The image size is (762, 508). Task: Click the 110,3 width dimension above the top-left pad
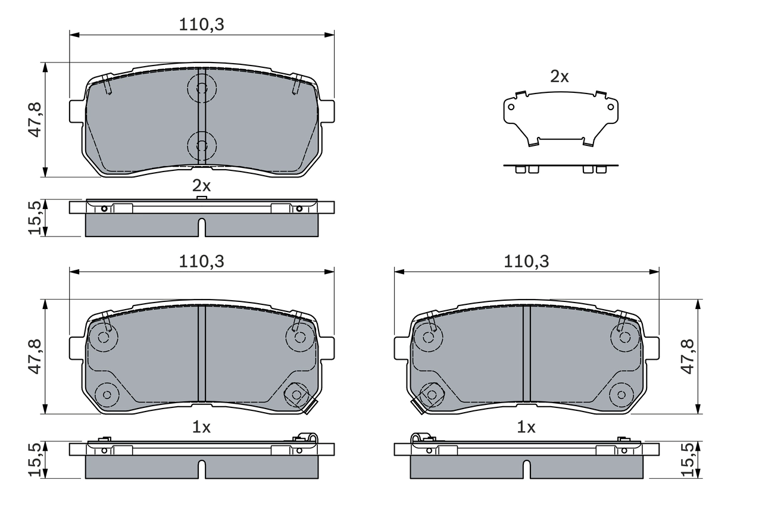click(x=201, y=25)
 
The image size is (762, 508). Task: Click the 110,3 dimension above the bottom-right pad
click(x=526, y=261)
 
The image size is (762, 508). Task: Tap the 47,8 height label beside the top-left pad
click(x=35, y=120)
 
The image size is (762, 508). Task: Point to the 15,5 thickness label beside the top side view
click(x=35, y=217)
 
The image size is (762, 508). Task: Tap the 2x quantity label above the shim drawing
click(x=559, y=76)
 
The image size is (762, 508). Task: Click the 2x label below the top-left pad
click(x=201, y=185)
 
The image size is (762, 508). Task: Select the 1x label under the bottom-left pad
click(x=201, y=427)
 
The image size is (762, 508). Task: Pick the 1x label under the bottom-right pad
click(x=526, y=427)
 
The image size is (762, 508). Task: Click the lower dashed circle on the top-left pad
click(x=201, y=145)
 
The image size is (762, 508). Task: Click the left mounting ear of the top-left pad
click(x=75, y=111)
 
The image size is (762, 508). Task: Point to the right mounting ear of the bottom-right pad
click(x=653, y=348)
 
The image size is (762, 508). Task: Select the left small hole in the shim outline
click(x=510, y=107)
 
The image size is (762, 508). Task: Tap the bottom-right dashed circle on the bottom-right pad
click(x=622, y=394)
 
